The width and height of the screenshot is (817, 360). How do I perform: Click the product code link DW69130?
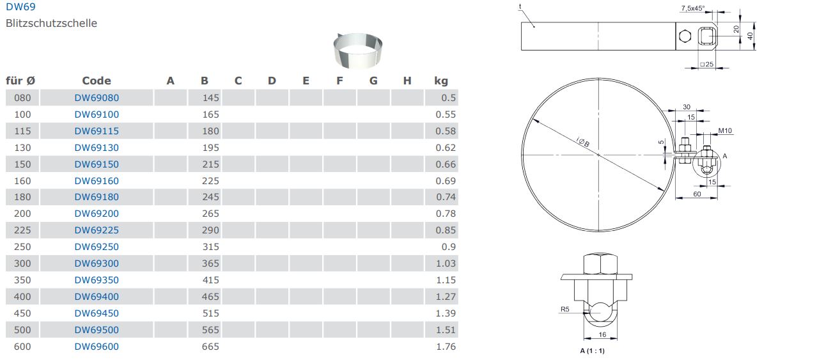tap(97, 148)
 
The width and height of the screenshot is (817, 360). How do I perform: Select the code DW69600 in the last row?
tap(97, 347)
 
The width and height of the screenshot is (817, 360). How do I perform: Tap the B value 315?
tap(210, 247)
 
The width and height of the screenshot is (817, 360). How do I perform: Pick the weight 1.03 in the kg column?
tap(446, 263)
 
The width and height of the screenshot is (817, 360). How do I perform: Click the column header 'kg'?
tap(441, 81)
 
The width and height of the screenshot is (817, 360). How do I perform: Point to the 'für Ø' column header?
tap(20, 81)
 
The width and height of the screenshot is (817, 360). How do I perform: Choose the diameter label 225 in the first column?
tap(22, 230)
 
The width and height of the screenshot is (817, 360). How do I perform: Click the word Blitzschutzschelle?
tap(51, 24)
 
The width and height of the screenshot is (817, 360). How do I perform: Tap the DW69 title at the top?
tap(20, 6)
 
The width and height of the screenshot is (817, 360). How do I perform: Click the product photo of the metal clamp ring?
tap(358, 51)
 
